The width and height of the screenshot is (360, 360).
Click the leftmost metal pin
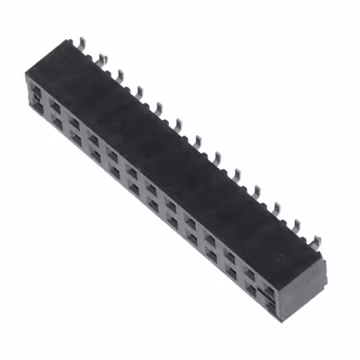click(82, 43)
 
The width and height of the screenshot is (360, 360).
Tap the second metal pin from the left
click(101, 58)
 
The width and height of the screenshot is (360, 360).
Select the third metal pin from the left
click(120, 74)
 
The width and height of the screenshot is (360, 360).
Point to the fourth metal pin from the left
click(139, 91)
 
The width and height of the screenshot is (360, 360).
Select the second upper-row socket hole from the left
click(55, 105)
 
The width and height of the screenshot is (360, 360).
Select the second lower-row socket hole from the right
click(251, 289)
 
